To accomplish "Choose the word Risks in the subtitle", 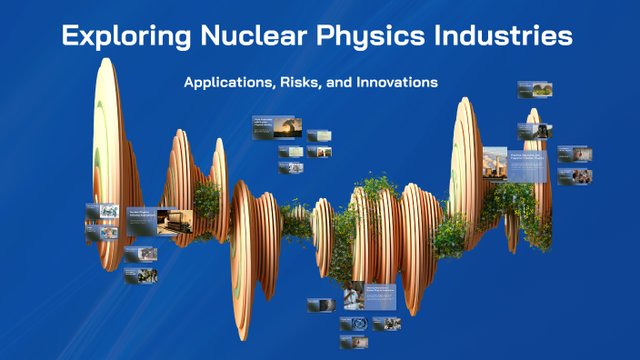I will (301, 82).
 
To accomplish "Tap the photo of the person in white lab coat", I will (354, 295).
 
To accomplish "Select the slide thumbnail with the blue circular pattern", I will (355, 324).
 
